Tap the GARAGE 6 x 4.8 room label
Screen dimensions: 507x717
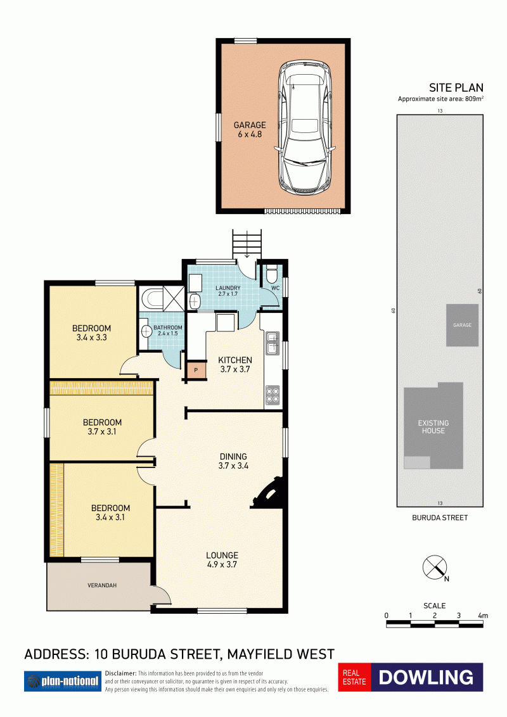click(250, 129)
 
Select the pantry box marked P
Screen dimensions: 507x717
click(196, 371)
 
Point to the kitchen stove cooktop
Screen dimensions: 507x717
click(273, 395)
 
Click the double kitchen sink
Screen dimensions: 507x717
click(273, 343)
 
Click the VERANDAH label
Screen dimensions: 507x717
click(102, 585)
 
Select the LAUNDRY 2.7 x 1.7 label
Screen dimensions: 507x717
click(228, 291)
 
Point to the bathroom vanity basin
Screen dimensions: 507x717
click(146, 331)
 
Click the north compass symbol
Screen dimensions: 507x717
click(435, 568)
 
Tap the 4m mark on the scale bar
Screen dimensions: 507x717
click(483, 616)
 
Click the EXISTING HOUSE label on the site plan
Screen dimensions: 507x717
click(433, 427)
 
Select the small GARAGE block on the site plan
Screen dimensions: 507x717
click(463, 325)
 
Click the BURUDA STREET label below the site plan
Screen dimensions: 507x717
click(440, 517)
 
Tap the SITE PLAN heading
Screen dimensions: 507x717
click(456, 88)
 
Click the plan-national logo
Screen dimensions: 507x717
click(63, 682)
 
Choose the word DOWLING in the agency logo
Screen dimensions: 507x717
click(426, 677)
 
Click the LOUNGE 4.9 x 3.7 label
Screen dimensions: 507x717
click(222, 560)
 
